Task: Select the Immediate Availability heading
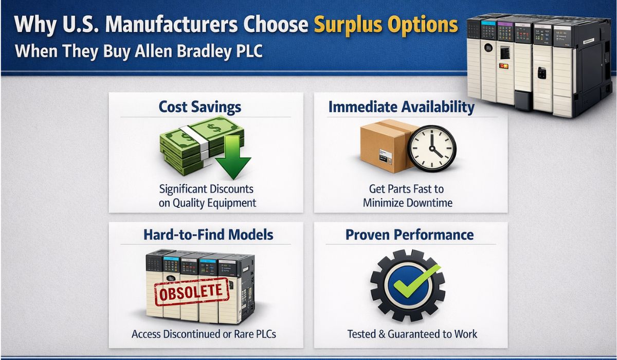(x=402, y=107)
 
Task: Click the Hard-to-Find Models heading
(x=209, y=235)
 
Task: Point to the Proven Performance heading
(x=409, y=235)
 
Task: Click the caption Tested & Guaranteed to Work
(x=411, y=334)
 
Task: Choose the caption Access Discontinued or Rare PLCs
(x=204, y=334)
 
